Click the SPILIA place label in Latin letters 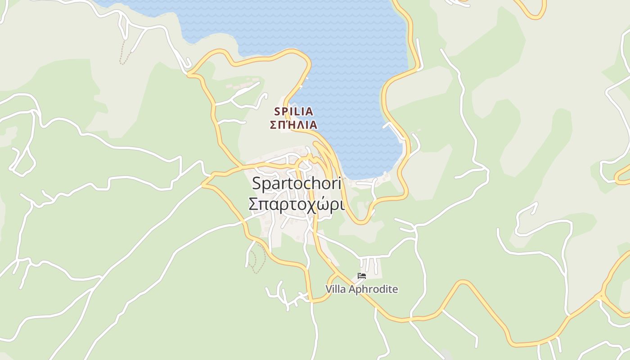pyautogui.click(x=293, y=111)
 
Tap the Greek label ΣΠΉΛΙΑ pyautogui.click(x=293, y=125)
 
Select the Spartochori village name pyautogui.click(x=297, y=184)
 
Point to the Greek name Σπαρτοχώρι pyautogui.click(x=297, y=204)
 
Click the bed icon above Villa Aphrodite pyautogui.click(x=361, y=276)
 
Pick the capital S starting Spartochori pyautogui.click(x=256, y=184)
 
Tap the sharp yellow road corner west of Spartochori pyautogui.click(x=203, y=184)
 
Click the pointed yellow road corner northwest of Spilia pyautogui.click(x=189, y=74)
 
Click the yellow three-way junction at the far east pyautogui.click(x=601, y=296)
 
